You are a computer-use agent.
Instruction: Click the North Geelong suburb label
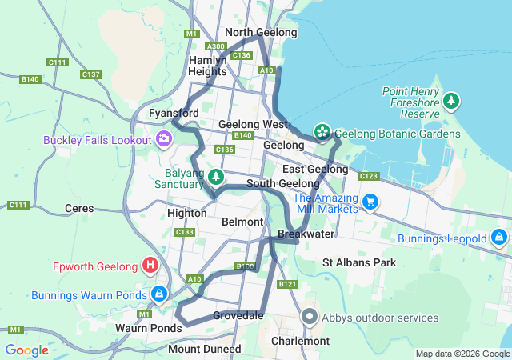pyautogui.click(x=261, y=32)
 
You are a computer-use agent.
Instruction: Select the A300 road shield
pyautogui.click(x=215, y=46)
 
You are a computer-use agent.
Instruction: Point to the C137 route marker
pyautogui.click(x=91, y=74)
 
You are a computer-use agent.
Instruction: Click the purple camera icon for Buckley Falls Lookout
pyautogui.click(x=164, y=140)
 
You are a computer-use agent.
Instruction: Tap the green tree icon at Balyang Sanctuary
pyautogui.click(x=215, y=175)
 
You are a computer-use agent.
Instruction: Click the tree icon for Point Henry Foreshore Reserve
pyautogui.click(x=452, y=101)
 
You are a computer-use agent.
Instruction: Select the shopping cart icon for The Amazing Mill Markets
pyautogui.click(x=370, y=201)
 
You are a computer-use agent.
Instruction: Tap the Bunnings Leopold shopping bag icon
pyautogui.click(x=498, y=238)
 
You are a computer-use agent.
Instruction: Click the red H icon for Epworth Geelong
pyautogui.click(x=149, y=265)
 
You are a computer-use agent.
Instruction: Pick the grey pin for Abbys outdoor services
pyautogui.click(x=310, y=317)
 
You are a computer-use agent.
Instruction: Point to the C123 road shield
pyautogui.click(x=369, y=176)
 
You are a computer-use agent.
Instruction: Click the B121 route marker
pyautogui.click(x=289, y=284)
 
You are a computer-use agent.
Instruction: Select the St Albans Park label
pyautogui.click(x=359, y=262)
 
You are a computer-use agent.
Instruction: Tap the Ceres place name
pyautogui.click(x=79, y=208)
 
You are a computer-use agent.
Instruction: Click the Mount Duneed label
pyautogui.click(x=204, y=349)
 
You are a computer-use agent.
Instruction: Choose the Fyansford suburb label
pyautogui.click(x=174, y=114)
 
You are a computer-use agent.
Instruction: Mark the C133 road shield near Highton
pyautogui.click(x=185, y=232)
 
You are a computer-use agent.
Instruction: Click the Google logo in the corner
pyautogui.click(x=26, y=350)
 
